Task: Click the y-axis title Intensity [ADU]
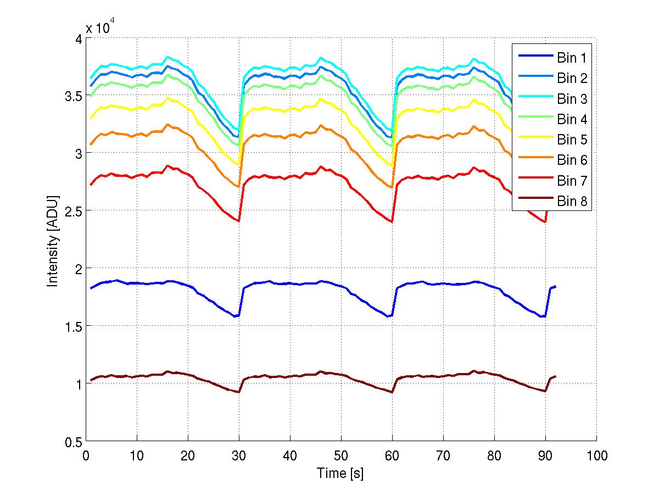[x=53, y=240]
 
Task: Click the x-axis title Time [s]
[x=340, y=473]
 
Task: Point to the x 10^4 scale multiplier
[x=99, y=28]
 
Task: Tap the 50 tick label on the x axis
[x=341, y=455]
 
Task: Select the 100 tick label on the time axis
[x=596, y=455]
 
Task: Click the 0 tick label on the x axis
[x=86, y=455]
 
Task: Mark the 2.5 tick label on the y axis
[x=71, y=210]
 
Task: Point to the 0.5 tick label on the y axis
[x=71, y=442]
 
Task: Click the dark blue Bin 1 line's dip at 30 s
[x=237, y=316]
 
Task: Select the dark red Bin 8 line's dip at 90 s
[x=544, y=391]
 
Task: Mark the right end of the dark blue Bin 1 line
[x=556, y=286]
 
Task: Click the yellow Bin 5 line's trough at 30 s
[x=238, y=164]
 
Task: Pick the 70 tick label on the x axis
[x=443, y=455]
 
